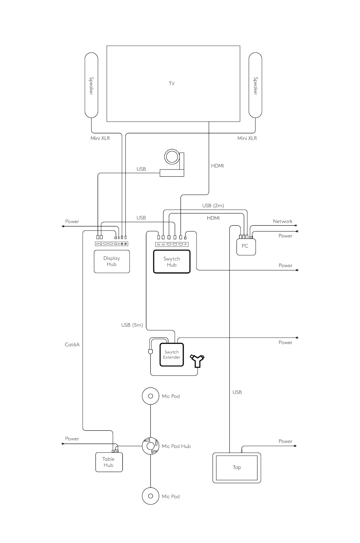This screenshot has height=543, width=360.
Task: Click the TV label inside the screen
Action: tap(172, 83)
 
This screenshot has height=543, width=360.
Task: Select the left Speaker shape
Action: tap(91, 85)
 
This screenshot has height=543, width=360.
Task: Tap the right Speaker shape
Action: tap(255, 85)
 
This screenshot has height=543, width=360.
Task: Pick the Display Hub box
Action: tap(112, 261)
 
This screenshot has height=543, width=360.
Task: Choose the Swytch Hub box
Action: tap(172, 262)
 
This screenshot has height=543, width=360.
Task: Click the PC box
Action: tap(245, 246)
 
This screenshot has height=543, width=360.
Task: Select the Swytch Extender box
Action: tap(172, 355)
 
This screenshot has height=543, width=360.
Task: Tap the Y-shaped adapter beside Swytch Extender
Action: tap(197, 361)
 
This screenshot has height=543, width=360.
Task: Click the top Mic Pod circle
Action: tap(151, 396)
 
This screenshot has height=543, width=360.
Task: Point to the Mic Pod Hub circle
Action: tap(151, 446)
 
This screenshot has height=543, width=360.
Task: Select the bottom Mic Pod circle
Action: tap(151, 496)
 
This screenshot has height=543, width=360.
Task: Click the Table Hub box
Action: tap(109, 462)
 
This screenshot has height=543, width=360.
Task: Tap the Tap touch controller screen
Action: tap(237, 467)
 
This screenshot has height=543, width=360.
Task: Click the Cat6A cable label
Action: tap(72, 344)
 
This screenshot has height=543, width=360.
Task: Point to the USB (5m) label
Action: tap(132, 325)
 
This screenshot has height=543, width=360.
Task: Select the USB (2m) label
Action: tap(213, 205)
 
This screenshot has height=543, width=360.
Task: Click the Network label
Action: tap(283, 221)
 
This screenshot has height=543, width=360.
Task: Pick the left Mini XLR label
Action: tap(100, 138)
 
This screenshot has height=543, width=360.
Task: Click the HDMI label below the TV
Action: tap(217, 166)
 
